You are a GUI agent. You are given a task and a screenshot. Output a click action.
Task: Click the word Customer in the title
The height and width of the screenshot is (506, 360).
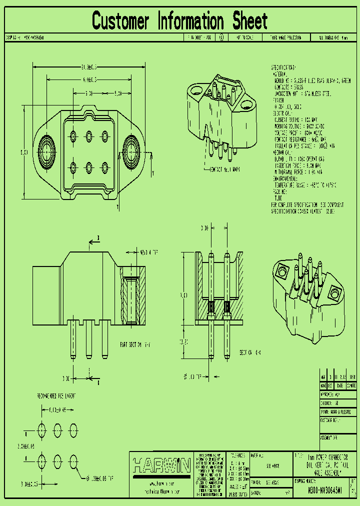(x=120, y=21)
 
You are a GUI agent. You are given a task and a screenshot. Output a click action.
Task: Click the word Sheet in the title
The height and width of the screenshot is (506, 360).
(x=249, y=21)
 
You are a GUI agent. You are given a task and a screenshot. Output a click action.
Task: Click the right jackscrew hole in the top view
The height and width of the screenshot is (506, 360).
(x=133, y=149)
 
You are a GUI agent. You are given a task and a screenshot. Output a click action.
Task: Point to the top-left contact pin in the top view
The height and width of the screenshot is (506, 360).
(x=74, y=135)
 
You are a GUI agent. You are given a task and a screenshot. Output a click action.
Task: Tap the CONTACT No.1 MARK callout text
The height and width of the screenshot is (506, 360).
(x=224, y=169)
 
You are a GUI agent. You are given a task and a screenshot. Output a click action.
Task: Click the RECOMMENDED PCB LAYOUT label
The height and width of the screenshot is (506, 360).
(x=56, y=396)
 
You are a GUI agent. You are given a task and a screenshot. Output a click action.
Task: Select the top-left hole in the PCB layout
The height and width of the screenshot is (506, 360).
(x=41, y=429)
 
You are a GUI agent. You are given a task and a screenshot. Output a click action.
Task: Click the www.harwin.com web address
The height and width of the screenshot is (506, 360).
(x=161, y=484)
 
